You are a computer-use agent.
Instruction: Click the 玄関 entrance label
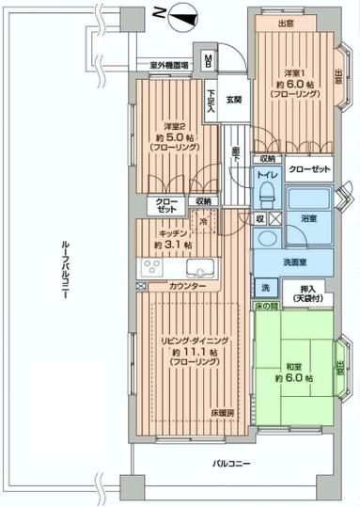click(x=233, y=100)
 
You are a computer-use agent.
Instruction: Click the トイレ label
click(x=267, y=175)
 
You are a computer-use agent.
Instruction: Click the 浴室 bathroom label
click(x=308, y=217)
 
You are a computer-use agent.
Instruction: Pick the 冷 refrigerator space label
click(x=202, y=222)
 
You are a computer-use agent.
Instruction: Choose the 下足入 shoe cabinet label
click(x=214, y=101)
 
